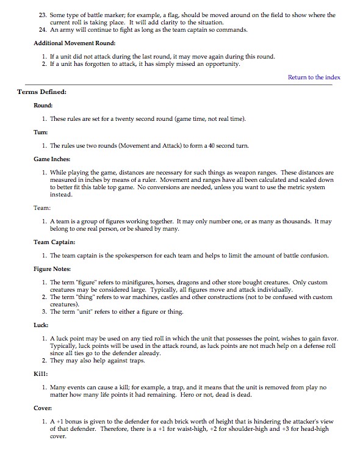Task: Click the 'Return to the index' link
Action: pos(314,77)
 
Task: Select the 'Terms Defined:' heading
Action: pos(42,92)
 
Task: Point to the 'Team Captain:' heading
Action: pos(54,242)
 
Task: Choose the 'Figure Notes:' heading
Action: pos(52,269)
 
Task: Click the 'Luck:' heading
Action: pos(41,325)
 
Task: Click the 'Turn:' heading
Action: pos(40,132)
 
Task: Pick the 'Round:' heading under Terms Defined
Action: pos(43,105)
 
